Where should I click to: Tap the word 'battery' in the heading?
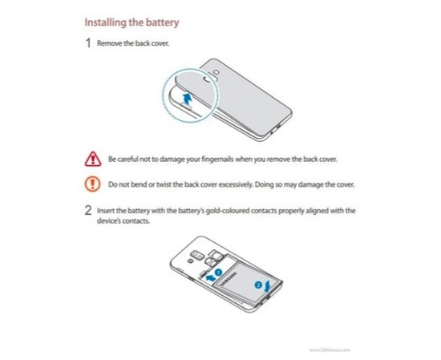(162, 22)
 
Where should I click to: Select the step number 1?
(88, 43)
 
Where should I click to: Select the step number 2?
(88, 210)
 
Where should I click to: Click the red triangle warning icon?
(93, 160)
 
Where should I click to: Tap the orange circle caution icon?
(92, 184)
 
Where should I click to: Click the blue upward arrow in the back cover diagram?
(187, 99)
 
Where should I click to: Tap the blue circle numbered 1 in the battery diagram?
(218, 273)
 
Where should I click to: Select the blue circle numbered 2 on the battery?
(258, 285)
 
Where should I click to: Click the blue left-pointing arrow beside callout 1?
(210, 278)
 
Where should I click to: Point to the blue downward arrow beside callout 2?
(268, 286)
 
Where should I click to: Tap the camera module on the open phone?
(197, 256)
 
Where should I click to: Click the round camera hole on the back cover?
(208, 79)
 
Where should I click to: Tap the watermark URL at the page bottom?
(330, 350)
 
